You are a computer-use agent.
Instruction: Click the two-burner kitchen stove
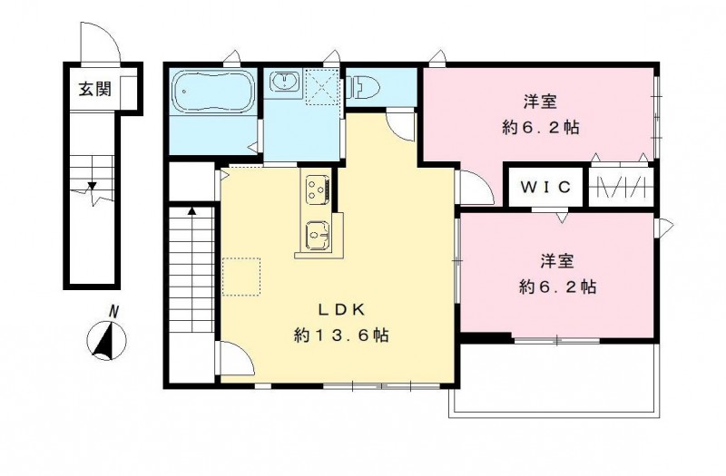[x=316, y=190]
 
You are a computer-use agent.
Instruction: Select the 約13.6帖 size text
[x=341, y=336]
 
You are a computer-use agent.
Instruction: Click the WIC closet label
[x=546, y=188]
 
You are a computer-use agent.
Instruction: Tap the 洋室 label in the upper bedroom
[x=539, y=101]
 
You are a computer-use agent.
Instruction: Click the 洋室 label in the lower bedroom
[x=557, y=261]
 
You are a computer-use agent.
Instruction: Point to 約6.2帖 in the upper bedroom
[x=540, y=128]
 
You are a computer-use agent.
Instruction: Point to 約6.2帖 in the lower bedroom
[x=557, y=287]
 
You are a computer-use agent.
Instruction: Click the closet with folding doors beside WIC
[x=620, y=189]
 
